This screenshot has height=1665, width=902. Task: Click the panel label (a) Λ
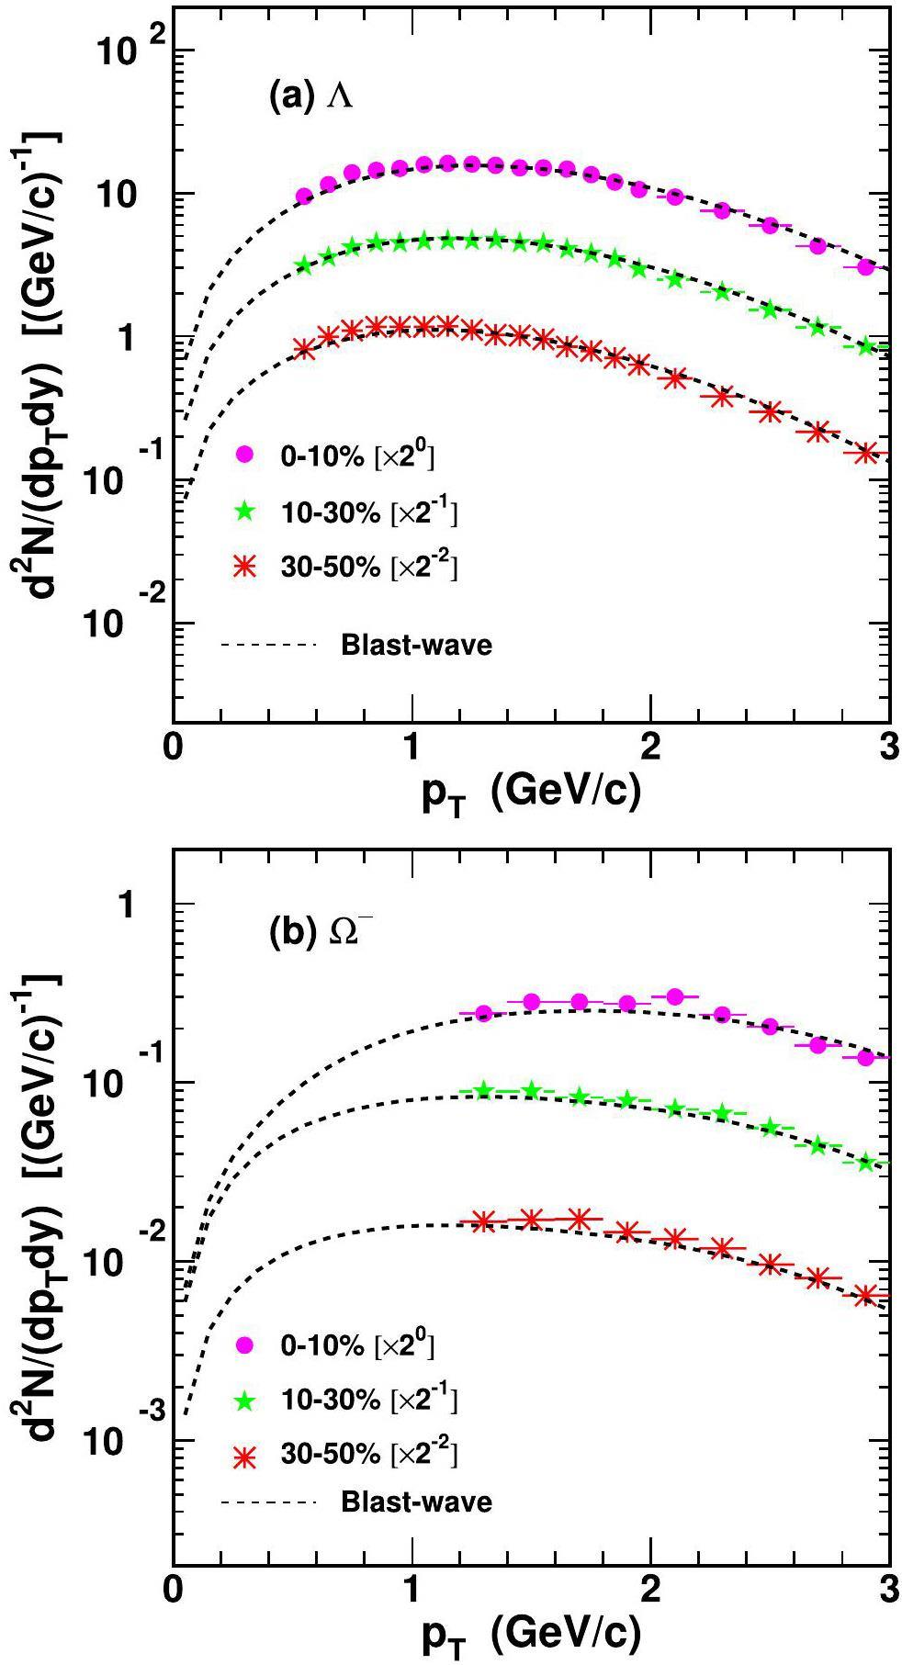[310, 96]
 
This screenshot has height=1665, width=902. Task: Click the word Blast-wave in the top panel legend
[416, 645]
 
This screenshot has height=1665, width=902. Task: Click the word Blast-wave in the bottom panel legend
[416, 1502]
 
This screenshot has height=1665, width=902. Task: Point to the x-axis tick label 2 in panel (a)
[650, 748]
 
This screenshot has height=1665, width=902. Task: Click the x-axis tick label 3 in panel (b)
[888, 1593]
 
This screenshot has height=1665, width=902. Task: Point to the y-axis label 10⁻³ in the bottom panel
[129, 1437]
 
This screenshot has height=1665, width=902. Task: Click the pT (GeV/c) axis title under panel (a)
[530, 793]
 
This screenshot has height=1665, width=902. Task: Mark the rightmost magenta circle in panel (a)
[864, 267]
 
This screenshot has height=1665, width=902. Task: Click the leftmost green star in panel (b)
[484, 1090]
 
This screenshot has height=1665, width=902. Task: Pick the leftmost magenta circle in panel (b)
[484, 1014]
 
